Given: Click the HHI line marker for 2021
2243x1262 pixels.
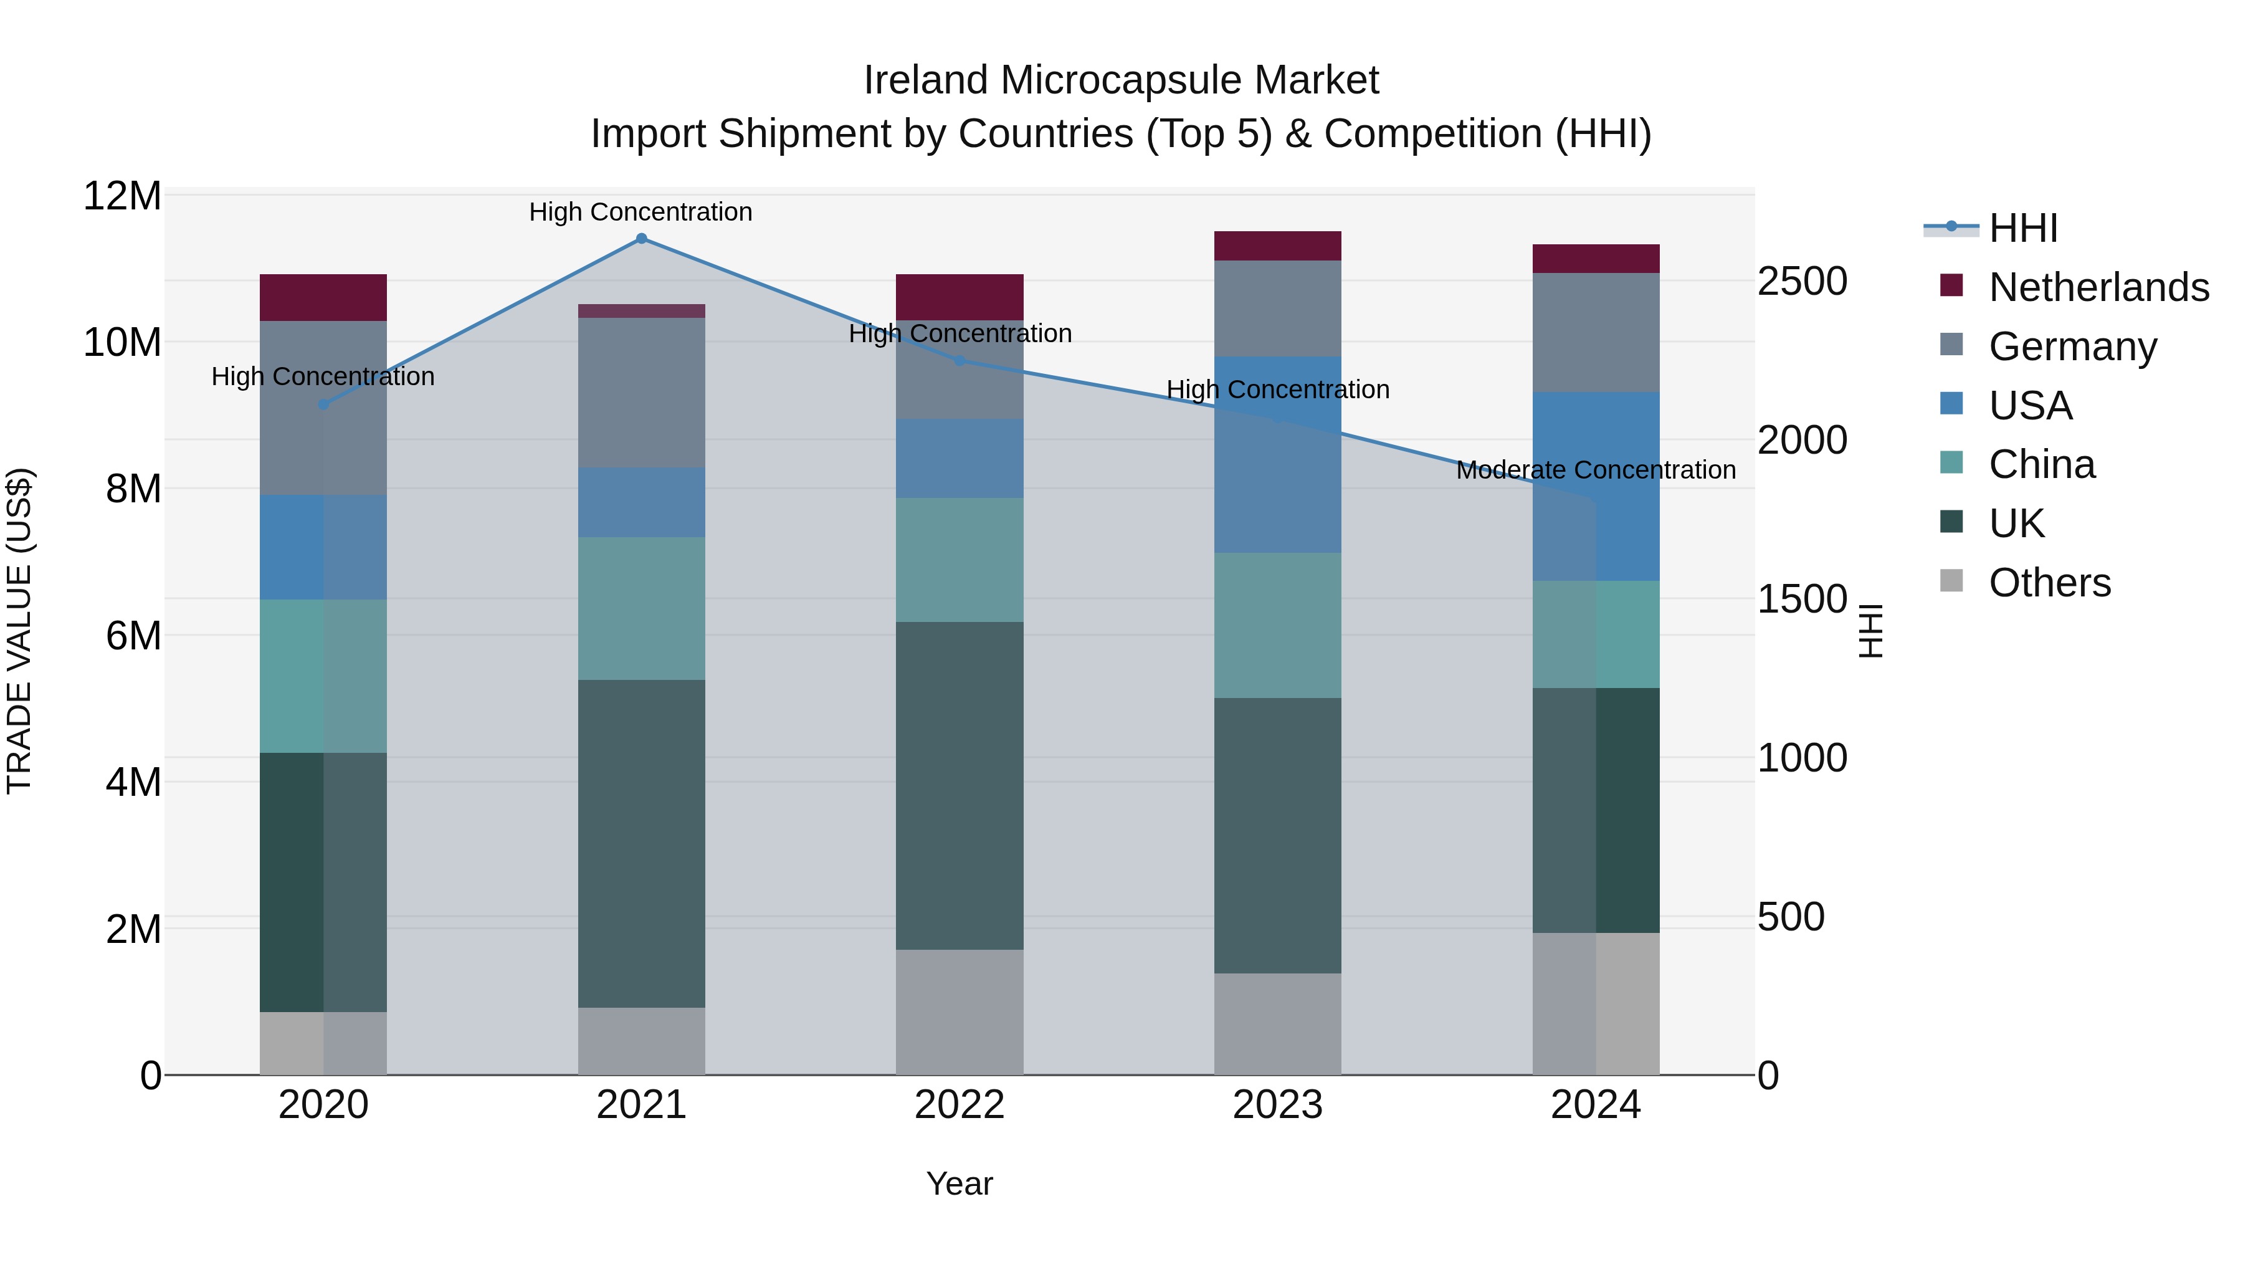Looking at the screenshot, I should click(641, 239).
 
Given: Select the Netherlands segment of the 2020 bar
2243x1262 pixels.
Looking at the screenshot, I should click(323, 298).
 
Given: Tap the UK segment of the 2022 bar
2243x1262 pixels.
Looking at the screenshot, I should click(960, 785).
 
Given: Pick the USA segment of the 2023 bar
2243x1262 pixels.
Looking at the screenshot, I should click(1277, 454).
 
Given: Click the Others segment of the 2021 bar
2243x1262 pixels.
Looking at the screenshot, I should click(641, 1041).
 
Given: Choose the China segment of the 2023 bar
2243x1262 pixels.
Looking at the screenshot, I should click(1277, 624).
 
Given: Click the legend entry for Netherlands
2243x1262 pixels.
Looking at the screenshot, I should click(2098, 287).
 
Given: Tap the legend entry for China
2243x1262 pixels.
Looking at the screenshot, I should click(2041, 464).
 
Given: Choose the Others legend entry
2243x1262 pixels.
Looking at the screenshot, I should click(2049, 583).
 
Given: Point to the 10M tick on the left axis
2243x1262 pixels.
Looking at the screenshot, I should click(122, 342).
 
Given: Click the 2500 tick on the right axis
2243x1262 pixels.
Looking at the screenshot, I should click(1801, 281).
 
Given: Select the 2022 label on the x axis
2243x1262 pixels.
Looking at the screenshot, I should click(960, 1105).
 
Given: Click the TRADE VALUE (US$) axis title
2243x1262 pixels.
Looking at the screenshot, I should click(19, 631).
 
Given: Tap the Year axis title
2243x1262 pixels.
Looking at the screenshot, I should click(960, 1183).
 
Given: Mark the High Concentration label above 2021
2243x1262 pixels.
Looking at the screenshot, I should click(641, 212).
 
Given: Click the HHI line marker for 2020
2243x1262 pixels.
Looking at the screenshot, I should click(323, 404).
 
